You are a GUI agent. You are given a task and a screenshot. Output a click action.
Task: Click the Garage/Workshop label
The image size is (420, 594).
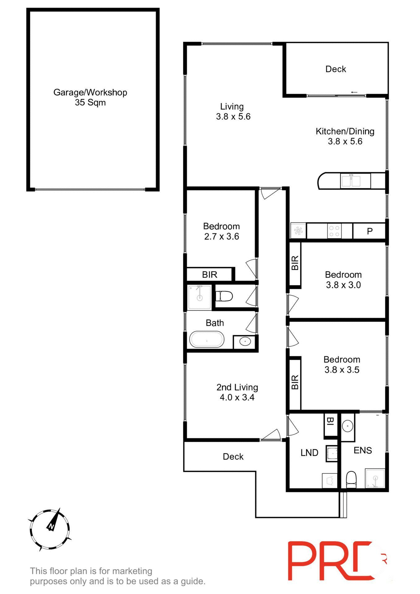pyautogui.click(x=90, y=93)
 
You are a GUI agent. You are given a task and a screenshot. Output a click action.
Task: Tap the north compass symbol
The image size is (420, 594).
pyautogui.click(x=50, y=529)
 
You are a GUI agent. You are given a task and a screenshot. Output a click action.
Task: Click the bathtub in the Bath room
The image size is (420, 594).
pyautogui.click(x=206, y=340)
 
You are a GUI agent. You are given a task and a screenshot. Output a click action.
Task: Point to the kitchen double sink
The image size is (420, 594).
pyautogui.click(x=351, y=181)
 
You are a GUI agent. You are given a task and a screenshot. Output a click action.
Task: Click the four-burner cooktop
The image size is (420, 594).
pyautogui.click(x=334, y=231)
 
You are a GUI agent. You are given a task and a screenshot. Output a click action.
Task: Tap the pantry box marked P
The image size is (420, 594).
pyautogui.click(x=369, y=231)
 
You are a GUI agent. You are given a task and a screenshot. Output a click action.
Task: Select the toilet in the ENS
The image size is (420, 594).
pyautogui.click(x=351, y=479)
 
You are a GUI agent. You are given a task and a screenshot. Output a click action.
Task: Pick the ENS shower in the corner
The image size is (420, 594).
pyautogui.click(x=375, y=479)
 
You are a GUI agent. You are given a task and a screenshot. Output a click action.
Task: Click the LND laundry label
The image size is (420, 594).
pyautogui.click(x=309, y=453)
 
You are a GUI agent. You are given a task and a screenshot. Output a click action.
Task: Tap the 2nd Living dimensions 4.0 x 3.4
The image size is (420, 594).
pyautogui.click(x=237, y=397)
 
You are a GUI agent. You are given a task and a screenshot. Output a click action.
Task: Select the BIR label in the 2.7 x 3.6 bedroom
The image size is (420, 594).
pyautogui.click(x=209, y=274)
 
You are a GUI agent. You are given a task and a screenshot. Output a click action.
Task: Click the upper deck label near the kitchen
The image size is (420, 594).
pyautogui.click(x=336, y=69)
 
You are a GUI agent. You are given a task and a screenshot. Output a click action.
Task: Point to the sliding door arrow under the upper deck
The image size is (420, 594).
pyautogui.click(x=354, y=92)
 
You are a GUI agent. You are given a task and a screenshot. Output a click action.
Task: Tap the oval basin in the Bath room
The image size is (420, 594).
pyautogui.click(x=245, y=342)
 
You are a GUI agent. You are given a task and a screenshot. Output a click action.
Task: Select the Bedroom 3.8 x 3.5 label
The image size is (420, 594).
pyautogui.click(x=342, y=364)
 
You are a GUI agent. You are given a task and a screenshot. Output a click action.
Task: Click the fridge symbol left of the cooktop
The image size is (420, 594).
pyautogui.click(x=298, y=231)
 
